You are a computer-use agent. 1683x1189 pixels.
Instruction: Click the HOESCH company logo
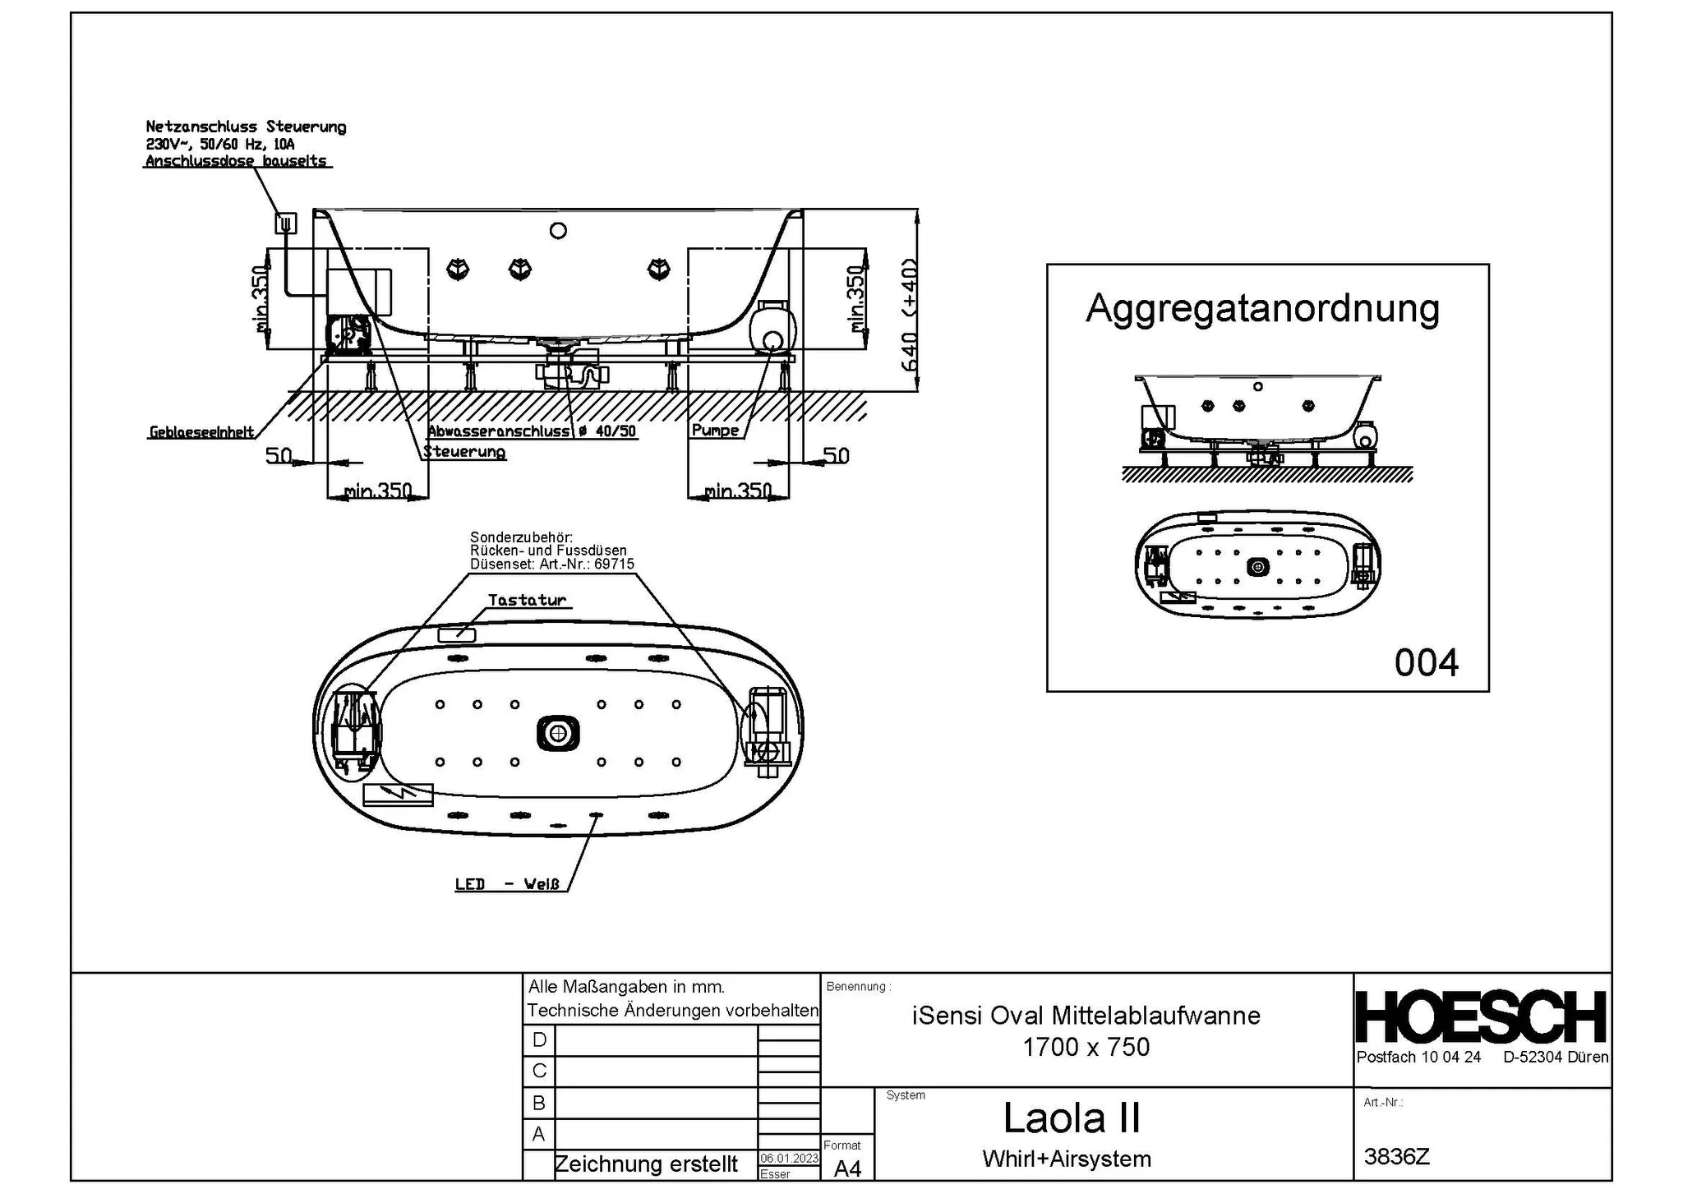coord(1480,1016)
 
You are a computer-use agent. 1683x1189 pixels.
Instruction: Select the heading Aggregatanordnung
coord(1262,309)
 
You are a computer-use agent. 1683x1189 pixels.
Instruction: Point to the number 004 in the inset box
coord(1426,662)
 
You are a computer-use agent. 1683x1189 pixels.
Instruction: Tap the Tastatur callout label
coord(528,601)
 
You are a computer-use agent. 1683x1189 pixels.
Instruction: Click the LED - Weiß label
coord(508,884)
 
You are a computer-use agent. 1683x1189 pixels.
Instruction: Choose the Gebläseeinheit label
coord(201,432)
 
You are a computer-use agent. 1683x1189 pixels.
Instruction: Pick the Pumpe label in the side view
coord(715,431)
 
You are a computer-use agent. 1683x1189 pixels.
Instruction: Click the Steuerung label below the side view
coord(464,452)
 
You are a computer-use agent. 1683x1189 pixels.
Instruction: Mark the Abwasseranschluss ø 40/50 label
coord(532,431)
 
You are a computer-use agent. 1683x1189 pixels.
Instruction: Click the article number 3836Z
coord(1396,1156)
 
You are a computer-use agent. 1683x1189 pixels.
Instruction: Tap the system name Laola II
coord(1072,1118)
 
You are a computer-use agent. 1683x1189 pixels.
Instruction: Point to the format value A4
coord(847,1168)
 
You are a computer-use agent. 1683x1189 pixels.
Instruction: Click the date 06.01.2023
coord(789,1158)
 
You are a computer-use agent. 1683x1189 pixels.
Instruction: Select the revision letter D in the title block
coord(539,1039)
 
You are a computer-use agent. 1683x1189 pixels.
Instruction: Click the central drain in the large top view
coord(558,731)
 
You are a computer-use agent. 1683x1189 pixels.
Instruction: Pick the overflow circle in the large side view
coord(558,231)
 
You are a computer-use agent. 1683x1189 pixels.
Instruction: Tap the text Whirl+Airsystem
coord(1066,1159)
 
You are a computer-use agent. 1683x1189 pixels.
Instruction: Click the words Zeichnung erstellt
coord(646,1164)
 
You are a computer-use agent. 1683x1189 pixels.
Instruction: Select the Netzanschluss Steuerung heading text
coord(246,127)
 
